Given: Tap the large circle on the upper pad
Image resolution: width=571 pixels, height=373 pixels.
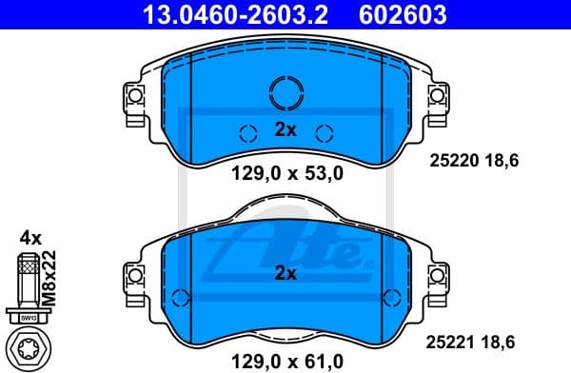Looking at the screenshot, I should pyautogui.click(x=285, y=92).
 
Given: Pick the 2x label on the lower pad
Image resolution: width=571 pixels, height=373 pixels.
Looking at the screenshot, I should pyautogui.click(x=285, y=273).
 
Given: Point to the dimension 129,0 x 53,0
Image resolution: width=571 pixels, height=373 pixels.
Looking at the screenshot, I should pyautogui.click(x=285, y=173).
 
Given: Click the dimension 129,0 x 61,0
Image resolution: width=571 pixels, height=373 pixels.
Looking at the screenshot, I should pyautogui.click(x=285, y=361).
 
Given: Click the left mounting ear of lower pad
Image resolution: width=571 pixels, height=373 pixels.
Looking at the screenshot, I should pyautogui.click(x=132, y=277).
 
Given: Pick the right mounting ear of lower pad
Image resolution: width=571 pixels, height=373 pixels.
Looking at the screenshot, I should pyautogui.click(x=438, y=277).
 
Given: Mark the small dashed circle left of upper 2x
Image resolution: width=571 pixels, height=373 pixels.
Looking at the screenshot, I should pyautogui.click(x=247, y=133).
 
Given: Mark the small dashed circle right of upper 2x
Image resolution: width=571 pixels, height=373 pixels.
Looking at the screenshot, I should pyautogui.click(x=323, y=133).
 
